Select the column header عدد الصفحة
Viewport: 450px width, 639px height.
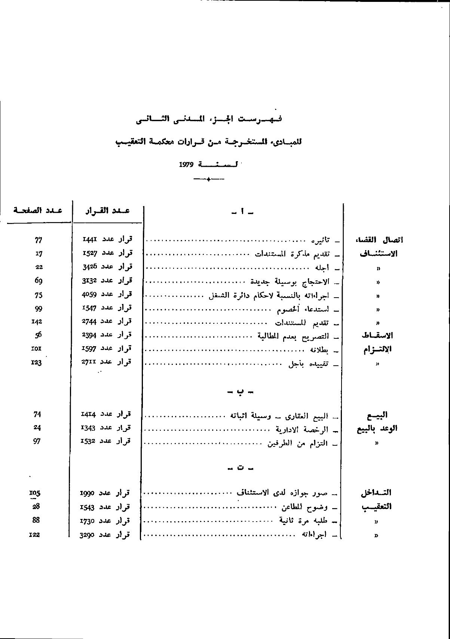click(37, 210)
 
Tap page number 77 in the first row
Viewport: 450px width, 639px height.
click(38, 240)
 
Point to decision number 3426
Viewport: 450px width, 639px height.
click(89, 267)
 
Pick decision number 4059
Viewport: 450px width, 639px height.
click(89, 294)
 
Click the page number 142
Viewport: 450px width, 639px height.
click(37, 322)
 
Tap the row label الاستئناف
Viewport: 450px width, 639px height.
click(379, 254)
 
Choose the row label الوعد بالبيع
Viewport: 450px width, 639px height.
click(377, 429)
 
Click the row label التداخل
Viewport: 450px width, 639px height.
click(376, 493)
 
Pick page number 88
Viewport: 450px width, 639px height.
click(36, 520)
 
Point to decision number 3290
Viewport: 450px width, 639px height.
click(88, 535)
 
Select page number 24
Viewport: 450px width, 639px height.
click(37, 427)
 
